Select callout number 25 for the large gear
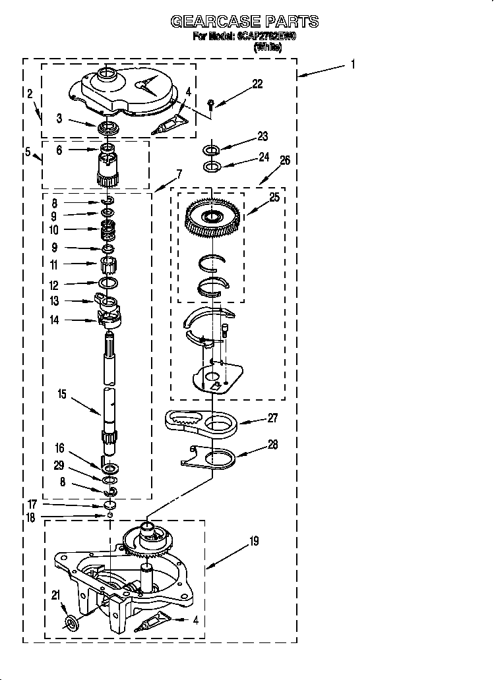[x=274, y=197]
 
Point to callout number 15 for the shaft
[x=62, y=395]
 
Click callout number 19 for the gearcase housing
[x=253, y=542]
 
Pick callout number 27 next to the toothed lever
[x=272, y=418]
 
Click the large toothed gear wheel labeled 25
[x=212, y=216]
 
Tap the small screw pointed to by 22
[x=210, y=103]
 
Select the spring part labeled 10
[x=108, y=230]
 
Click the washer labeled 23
[x=211, y=150]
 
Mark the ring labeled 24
[x=211, y=166]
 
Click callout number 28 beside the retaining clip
[x=273, y=445]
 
